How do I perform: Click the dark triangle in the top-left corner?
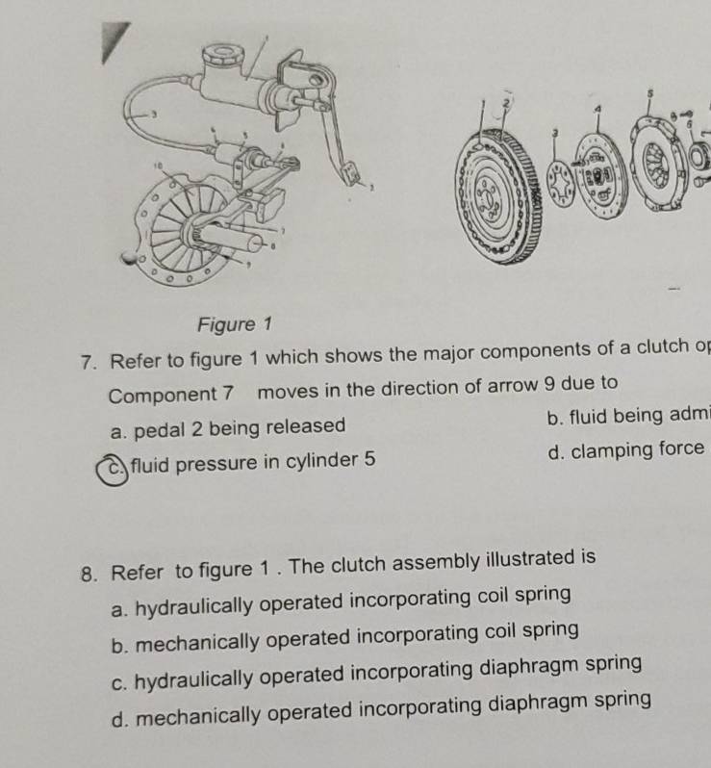114,43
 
